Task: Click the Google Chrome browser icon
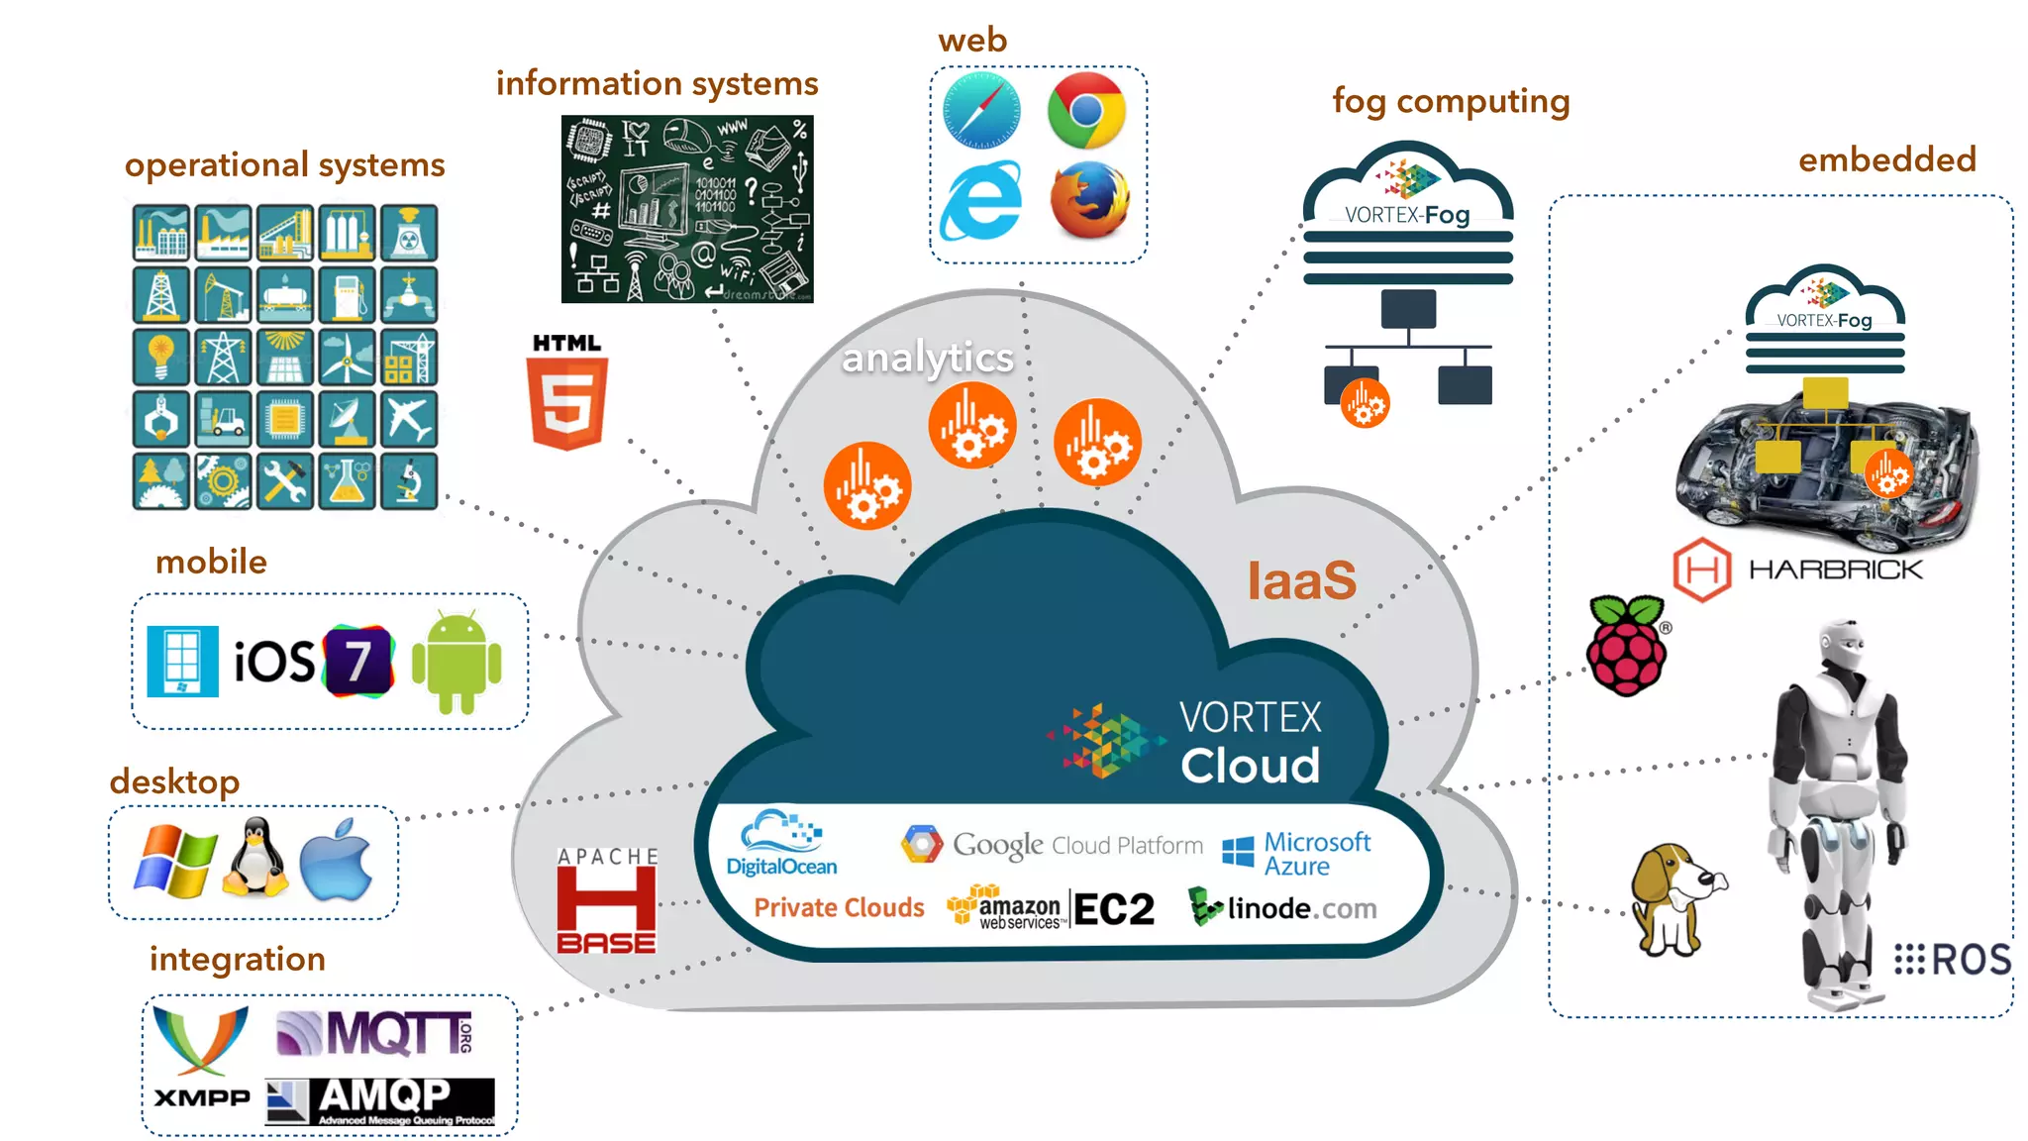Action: [1086, 109]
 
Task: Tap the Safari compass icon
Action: [980, 109]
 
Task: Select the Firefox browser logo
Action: [1089, 200]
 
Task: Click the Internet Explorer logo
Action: [980, 201]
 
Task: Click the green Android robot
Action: [456, 662]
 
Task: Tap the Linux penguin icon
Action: [255, 858]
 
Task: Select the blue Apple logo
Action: [337, 860]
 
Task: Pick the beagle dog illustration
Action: [1673, 897]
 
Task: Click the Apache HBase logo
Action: [607, 900]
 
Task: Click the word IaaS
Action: [1301, 580]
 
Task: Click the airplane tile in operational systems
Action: [408, 419]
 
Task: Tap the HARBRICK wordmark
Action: [1835, 570]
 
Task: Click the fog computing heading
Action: [1451, 101]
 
